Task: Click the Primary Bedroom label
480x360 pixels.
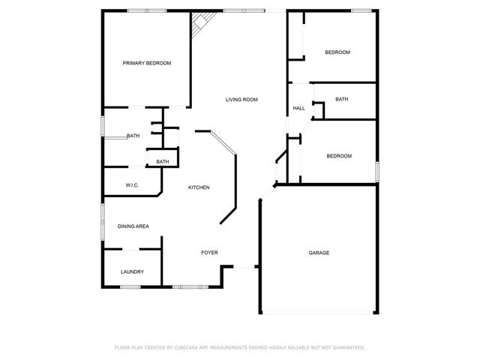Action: coord(147,63)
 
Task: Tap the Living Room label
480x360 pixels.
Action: coord(242,99)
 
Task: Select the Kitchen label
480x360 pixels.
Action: coord(199,187)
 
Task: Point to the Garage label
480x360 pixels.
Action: coord(319,253)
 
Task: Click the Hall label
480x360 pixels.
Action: coord(298,109)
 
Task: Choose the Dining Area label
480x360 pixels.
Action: coord(133,226)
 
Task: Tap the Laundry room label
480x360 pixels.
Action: coord(132,271)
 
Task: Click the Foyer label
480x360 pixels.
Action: coord(209,253)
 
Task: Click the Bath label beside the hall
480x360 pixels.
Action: coord(341,99)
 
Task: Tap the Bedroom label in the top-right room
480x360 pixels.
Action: coord(337,52)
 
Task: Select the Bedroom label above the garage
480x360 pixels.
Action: coord(339,156)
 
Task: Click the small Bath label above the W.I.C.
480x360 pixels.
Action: coord(163,162)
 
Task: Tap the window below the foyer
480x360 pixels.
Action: coord(187,287)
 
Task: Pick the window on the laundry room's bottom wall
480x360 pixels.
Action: coord(133,287)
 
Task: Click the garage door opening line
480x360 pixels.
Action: coord(319,313)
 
